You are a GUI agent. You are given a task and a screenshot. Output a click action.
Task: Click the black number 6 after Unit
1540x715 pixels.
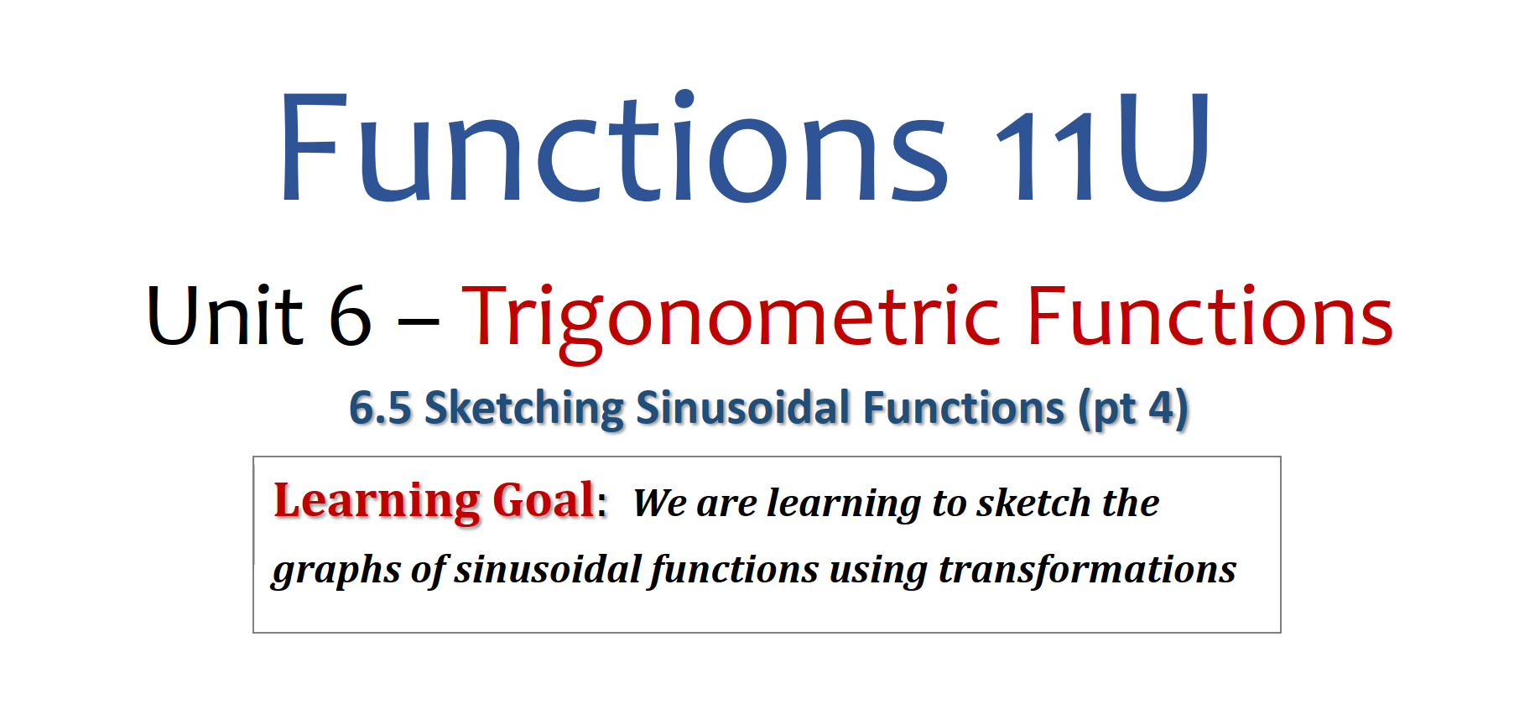pos(350,316)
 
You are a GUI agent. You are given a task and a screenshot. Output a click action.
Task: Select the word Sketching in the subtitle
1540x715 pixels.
pos(524,410)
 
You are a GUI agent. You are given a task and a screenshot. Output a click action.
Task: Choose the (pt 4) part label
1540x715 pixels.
pos(1133,410)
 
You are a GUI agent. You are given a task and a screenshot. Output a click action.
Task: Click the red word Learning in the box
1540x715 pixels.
pos(377,502)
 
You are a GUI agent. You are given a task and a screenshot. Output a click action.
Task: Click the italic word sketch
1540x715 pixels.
pos(1033,503)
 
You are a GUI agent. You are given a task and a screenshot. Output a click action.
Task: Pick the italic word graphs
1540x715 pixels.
pos(336,571)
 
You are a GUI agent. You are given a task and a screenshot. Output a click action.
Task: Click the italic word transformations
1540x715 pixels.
pos(1087,569)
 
